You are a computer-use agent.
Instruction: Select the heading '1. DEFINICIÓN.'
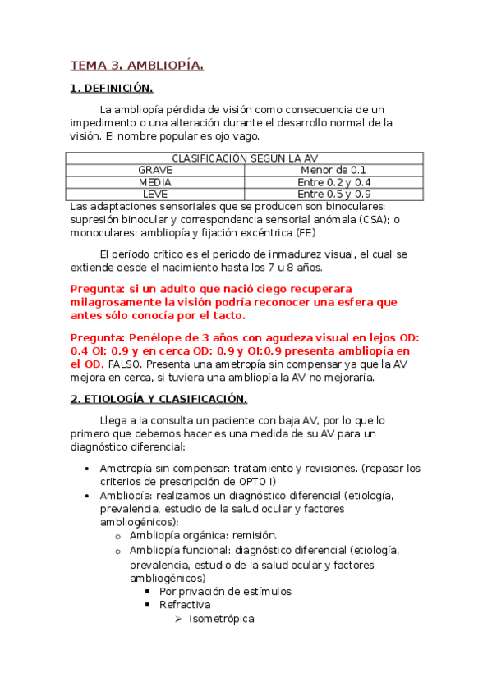[112, 88]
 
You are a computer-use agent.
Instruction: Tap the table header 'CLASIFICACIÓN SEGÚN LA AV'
[245, 158]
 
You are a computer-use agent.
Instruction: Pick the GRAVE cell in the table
[155, 170]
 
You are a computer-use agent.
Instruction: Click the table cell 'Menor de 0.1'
[333, 170]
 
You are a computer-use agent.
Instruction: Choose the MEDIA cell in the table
[155, 182]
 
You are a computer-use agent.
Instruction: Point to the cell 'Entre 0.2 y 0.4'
[333, 182]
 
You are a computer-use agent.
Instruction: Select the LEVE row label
[155, 195]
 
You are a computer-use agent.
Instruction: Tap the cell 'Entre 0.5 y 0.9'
[333, 195]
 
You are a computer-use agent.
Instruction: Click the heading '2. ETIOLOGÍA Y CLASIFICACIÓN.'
[159, 399]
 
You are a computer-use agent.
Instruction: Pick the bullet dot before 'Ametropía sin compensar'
[88, 469]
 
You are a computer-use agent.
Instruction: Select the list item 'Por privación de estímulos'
[225, 591]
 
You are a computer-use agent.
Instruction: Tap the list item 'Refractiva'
[185, 605]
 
